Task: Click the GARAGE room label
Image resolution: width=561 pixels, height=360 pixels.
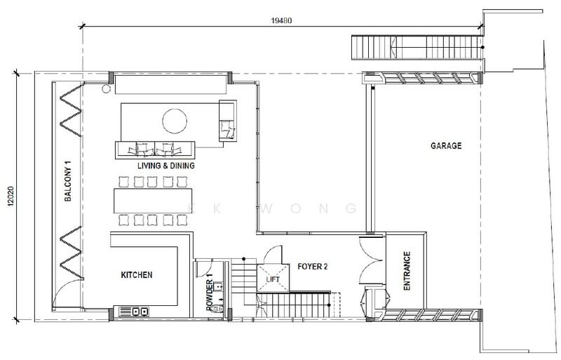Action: tap(446, 145)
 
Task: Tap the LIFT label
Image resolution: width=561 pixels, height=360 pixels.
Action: tap(273, 279)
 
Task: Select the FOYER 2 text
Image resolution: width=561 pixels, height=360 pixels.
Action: tap(312, 267)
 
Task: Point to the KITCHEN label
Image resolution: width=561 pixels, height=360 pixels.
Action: tap(137, 275)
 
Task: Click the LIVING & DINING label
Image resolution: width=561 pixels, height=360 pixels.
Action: tap(166, 166)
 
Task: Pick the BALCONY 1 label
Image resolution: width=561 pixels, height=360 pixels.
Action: tap(68, 181)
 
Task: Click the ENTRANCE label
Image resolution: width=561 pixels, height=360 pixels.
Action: tap(407, 271)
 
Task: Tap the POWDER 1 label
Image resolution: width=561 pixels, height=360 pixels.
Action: tap(209, 292)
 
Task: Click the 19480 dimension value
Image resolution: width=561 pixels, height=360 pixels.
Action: tap(281, 20)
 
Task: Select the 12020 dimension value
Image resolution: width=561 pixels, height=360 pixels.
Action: tap(11, 196)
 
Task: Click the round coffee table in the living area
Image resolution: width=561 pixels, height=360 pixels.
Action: tap(175, 121)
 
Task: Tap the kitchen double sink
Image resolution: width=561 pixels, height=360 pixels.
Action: tap(140, 312)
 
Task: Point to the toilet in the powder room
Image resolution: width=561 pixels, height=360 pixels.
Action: tap(216, 309)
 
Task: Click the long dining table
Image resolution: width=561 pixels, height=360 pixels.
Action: tap(153, 201)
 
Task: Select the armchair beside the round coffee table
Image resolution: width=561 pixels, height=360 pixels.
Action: tap(227, 121)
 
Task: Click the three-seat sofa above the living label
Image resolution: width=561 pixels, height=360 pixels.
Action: tap(155, 150)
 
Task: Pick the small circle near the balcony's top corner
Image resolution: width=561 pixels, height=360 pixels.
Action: tap(106, 89)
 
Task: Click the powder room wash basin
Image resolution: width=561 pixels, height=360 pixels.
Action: tap(218, 286)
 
